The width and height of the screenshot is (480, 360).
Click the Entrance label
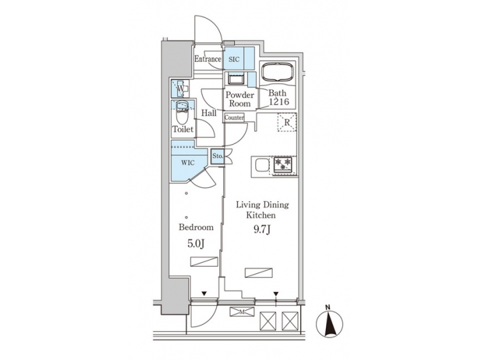(x=207, y=59)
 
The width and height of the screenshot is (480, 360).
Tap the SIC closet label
(x=234, y=59)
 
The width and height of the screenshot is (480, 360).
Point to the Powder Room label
(x=239, y=99)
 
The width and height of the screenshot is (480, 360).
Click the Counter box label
(x=234, y=118)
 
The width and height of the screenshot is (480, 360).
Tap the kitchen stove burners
(x=282, y=164)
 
